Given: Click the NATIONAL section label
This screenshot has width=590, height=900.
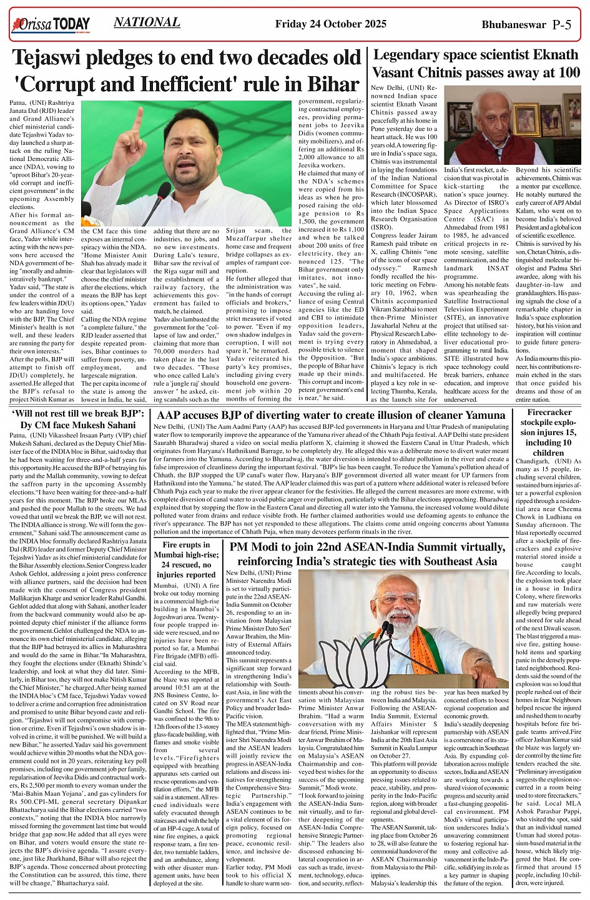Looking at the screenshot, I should tap(147, 22).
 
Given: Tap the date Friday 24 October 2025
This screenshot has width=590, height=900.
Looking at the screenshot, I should tap(336, 24).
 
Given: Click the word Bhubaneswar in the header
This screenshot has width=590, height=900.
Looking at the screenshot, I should tap(514, 25).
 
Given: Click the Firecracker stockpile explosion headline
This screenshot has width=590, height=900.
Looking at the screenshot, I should tap(549, 432).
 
